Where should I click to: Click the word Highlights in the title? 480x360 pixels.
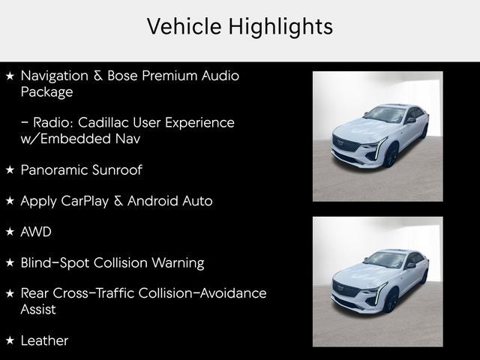pyautogui.click(x=282, y=27)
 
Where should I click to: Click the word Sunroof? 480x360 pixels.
pyautogui.click(x=118, y=169)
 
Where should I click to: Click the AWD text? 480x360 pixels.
pyautogui.click(x=36, y=232)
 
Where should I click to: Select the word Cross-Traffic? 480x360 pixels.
pyautogui.click(x=94, y=293)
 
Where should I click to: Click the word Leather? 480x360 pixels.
pyautogui.click(x=44, y=340)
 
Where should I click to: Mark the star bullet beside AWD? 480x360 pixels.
pyautogui.click(x=10, y=232)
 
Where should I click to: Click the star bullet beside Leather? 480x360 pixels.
pyautogui.click(x=10, y=340)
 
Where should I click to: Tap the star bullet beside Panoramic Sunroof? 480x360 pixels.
pyautogui.click(x=10, y=169)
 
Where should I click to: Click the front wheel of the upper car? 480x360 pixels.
pyautogui.click(x=390, y=155)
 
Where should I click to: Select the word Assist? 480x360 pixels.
pyautogui.click(x=38, y=309)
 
